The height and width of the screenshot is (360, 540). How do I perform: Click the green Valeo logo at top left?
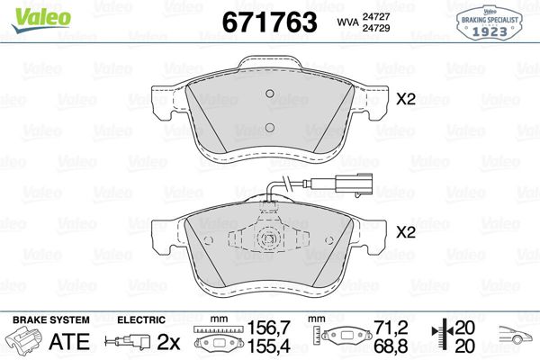coord(41,20)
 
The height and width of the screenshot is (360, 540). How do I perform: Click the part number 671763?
coord(270,22)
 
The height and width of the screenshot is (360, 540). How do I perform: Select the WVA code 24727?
coord(375,16)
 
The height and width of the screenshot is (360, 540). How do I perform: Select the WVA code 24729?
coord(375,28)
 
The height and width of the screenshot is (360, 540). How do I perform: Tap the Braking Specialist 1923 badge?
coord(490,23)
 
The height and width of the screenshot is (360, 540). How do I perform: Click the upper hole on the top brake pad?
coord(270,94)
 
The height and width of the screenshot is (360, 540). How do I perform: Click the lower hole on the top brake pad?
coord(270,128)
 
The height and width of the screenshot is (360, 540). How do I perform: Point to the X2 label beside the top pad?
coord(406,99)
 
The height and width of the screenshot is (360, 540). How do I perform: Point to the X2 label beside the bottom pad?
coord(406,232)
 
